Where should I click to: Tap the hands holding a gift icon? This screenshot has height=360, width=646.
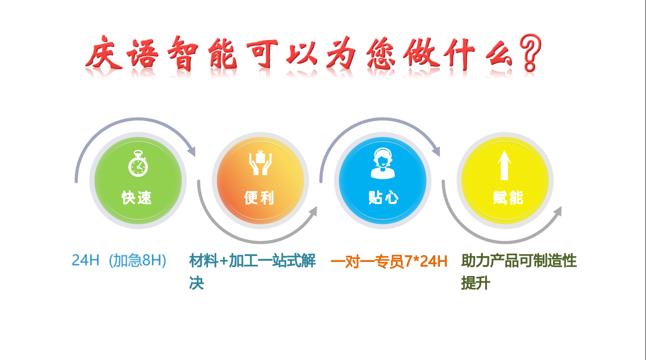(x=260, y=163)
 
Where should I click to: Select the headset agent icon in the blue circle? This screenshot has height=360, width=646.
(x=383, y=163)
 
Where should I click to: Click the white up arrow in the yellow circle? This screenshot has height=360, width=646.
(x=504, y=166)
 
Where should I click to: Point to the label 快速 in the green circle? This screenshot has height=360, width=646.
(x=136, y=198)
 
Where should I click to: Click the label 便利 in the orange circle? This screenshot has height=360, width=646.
(x=259, y=198)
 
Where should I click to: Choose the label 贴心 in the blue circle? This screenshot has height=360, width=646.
(x=383, y=198)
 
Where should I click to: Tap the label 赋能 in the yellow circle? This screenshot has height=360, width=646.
(x=508, y=198)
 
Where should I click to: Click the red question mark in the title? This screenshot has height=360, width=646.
(x=530, y=53)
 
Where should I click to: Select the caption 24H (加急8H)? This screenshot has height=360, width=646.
(x=119, y=260)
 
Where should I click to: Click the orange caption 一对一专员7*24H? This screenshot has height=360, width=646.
(x=389, y=261)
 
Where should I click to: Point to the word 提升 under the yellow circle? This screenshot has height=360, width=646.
(x=476, y=283)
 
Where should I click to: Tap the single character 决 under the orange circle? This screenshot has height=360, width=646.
(x=197, y=283)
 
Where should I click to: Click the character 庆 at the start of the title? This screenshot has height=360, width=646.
(x=104, y=53)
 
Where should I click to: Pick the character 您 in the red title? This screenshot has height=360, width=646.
(x=380, y=54)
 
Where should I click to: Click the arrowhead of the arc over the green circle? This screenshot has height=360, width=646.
(x=192, y=151)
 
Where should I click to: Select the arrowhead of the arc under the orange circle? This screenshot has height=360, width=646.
(x=313, y=211)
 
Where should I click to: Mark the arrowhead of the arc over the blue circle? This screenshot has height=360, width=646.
(x=436, y=151)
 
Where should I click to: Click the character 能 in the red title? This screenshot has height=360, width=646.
(x=223, y=54)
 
